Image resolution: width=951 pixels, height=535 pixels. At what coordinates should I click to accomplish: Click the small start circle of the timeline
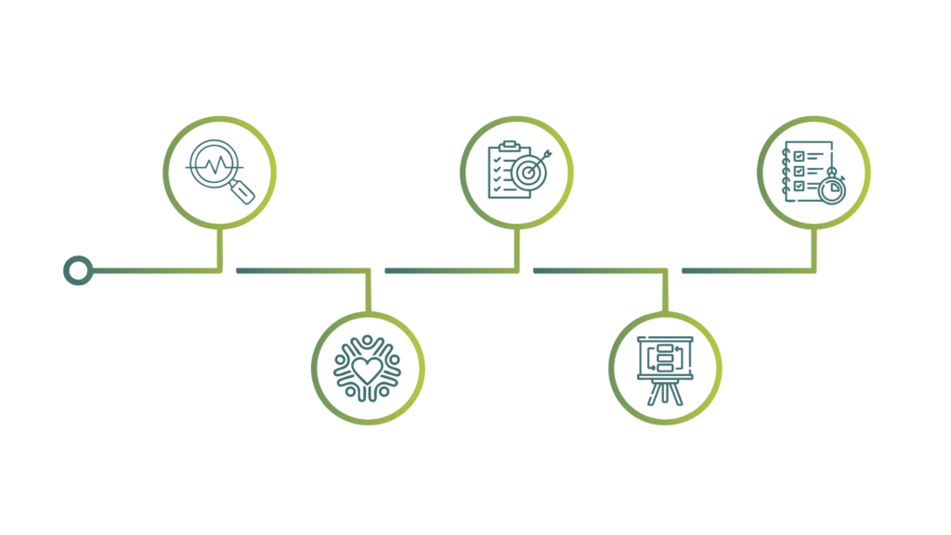78,270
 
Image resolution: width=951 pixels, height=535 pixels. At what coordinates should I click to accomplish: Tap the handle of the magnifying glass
243,191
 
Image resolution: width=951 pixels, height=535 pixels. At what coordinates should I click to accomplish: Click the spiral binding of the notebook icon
786,172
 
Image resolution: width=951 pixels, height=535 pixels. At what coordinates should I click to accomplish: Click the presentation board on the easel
665,354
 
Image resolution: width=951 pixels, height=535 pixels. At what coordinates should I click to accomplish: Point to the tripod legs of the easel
665,390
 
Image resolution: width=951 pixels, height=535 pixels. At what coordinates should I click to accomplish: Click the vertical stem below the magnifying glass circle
220,249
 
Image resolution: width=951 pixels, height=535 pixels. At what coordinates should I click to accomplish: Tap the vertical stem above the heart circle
369,291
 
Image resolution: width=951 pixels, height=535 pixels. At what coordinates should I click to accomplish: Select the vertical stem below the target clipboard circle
517,249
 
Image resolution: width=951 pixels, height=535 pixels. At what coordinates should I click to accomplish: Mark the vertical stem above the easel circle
666,291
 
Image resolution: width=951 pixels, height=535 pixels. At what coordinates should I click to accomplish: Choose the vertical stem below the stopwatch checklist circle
814,249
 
